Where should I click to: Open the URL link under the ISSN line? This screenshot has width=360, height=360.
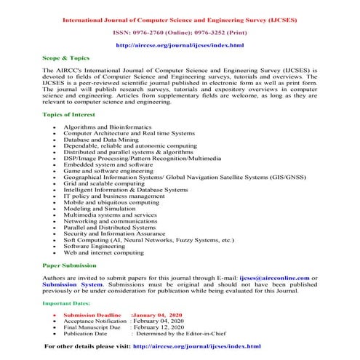point(180,46)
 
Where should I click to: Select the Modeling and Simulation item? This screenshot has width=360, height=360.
point(115,207)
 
